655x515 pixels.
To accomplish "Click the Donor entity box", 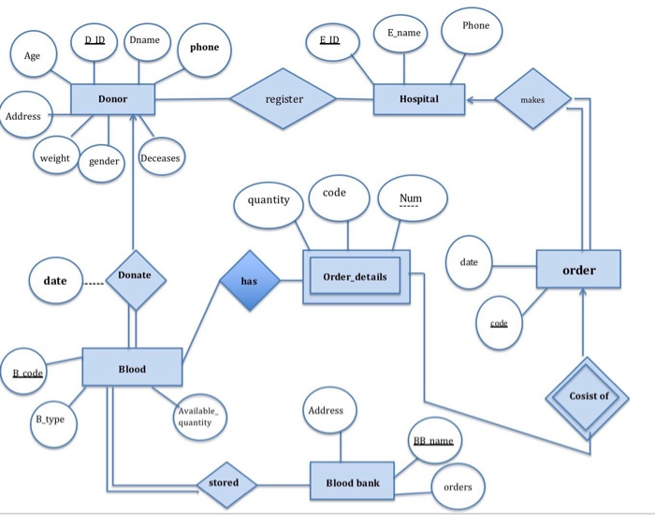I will (x=113, y=99).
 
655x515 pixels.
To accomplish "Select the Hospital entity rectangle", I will (x=418, y=98).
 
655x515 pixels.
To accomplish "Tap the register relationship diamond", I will (x=284, y=98).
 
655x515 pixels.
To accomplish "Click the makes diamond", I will (x=532, y=97).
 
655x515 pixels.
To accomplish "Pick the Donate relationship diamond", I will (x=134, y=277).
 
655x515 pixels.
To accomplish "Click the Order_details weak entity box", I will (x=357, y=277).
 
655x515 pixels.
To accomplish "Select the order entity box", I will (x=578, y=270).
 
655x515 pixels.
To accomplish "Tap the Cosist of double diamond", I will (x=588, y=396).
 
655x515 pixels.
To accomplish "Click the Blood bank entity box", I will (x=352, y=482).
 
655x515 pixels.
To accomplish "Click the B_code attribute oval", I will (x=27, y=373).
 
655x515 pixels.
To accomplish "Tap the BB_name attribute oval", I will (x=433, y=441).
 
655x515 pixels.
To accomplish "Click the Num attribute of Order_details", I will (x=410, y=200).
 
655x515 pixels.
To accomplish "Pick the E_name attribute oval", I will (x=403, y=35).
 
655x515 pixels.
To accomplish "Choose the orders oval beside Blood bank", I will (x=458, y=487).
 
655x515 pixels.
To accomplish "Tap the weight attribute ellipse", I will (x=54, y=158).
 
